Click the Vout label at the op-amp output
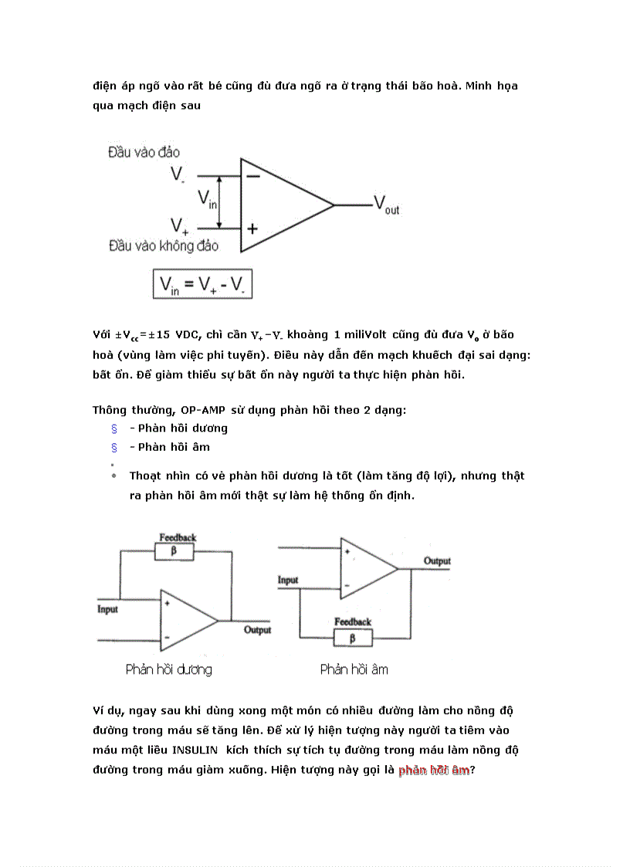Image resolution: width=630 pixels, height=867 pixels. point(386,205)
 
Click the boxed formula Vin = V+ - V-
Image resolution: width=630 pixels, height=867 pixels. point(203,285)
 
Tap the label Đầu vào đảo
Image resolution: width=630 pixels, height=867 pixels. point(144,153)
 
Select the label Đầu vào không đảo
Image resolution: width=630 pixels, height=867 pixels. point(163,246)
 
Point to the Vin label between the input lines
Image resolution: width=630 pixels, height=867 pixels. point(207,200)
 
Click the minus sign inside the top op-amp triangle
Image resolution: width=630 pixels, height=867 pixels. point(252,177)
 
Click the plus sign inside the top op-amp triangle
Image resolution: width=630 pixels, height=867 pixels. point(252,229)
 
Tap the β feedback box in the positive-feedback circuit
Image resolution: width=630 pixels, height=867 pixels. point(174,551)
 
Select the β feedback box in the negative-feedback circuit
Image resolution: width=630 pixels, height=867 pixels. point(352,638)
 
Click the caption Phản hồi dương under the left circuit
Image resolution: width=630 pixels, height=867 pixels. point(168,669)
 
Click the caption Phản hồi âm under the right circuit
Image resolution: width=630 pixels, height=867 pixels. point(354,669)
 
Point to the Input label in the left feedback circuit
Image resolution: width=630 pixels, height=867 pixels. point(108,609)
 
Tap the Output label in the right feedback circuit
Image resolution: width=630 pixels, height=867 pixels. point(437,561)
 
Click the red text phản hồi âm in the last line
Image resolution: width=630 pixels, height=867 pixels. point(434,770)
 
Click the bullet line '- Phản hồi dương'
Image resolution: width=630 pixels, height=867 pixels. point(178,428)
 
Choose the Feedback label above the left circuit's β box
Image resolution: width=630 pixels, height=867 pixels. point(178,537)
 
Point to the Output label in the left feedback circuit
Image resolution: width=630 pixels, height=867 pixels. point(257,630)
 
